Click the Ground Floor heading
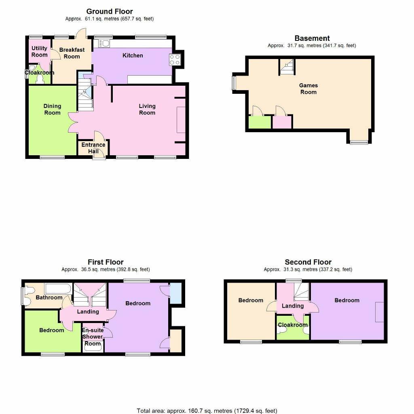pos(110,11)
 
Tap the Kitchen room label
pos(133,55)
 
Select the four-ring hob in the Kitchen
pos(175,60)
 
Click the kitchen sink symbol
pos(103,43)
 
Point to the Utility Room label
pos(39,51)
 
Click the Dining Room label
pos(52,109)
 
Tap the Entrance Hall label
pos(93,148)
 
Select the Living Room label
pos(147,109)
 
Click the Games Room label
pos(308,89)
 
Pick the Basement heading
pos(312,38)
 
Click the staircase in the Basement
pos(287,67)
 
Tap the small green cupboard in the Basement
pos(260,122)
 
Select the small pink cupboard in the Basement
pos(282,122)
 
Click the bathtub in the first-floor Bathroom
pos(58,289)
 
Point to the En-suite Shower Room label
pos(93,337)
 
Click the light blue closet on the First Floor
pos(175,294)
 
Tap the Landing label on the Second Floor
pos(293,306)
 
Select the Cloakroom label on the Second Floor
pos(293,325)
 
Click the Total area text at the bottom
pos(207,411)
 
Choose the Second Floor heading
pos(308,262)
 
